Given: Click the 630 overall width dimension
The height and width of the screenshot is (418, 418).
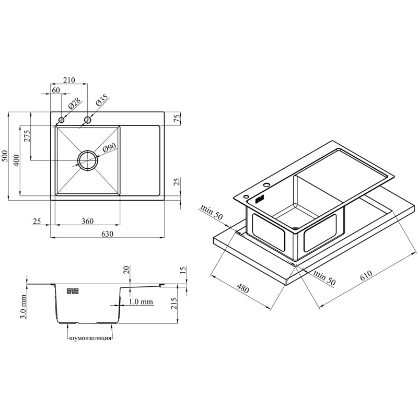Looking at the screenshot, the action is click(108, 234).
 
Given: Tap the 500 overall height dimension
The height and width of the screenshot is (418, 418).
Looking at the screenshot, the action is click(5, 156).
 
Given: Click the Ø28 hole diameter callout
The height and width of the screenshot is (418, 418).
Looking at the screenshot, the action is click(74, 103).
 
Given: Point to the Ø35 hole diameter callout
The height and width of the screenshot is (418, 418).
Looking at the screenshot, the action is click(101, 100).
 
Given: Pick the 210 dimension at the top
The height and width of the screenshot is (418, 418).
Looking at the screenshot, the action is click(69, 80).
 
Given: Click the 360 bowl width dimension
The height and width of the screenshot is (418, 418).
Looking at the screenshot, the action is click(87, 221).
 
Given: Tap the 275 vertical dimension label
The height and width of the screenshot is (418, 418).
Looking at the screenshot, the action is click(27, 136).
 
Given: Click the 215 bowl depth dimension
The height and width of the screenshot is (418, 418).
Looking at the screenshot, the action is click(173, 304).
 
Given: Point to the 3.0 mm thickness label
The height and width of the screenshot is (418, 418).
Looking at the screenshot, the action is click(23, 307).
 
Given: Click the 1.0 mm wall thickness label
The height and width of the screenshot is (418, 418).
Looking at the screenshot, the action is click(141, 301).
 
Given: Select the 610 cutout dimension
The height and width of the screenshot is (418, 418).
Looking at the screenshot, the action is click(366, 276).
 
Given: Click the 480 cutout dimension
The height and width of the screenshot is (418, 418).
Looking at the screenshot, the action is click(242, 289).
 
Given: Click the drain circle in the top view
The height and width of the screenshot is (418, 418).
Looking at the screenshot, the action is click(88, 160).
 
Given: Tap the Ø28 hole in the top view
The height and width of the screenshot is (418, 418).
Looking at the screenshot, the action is click(62, 120).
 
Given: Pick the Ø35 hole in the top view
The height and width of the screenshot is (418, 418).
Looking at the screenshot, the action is click(87, 120).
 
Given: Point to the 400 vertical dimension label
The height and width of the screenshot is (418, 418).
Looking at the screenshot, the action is click(16, 160).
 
